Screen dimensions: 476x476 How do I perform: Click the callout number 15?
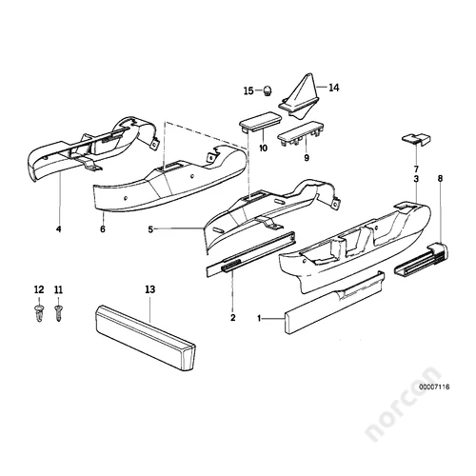coord(248,91)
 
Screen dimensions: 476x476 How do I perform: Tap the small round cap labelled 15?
coord(268,91)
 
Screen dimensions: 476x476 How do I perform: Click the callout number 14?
coord(334,88)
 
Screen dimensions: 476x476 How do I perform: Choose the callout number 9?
coord(307,157)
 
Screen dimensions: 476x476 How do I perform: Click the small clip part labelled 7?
coord(417,140)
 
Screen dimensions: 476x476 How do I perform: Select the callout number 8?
coord(440,179)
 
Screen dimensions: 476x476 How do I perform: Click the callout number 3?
coord(416,179)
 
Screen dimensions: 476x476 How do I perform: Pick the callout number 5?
coord(150,229)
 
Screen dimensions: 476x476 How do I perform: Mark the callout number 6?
coord(103,228)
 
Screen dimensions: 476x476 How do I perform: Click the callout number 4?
coord(58,228)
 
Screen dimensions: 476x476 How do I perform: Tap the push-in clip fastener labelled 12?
coord(39,313)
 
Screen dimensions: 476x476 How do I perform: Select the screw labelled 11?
coord(58,313)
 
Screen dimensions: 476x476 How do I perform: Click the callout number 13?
coord(150,289)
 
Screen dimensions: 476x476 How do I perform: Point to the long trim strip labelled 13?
coord(146,338)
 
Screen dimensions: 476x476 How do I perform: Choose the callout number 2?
coord(233,317)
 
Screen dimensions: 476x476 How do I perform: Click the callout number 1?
coord(259,318)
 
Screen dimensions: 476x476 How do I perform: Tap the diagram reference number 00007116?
coord(434,387)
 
